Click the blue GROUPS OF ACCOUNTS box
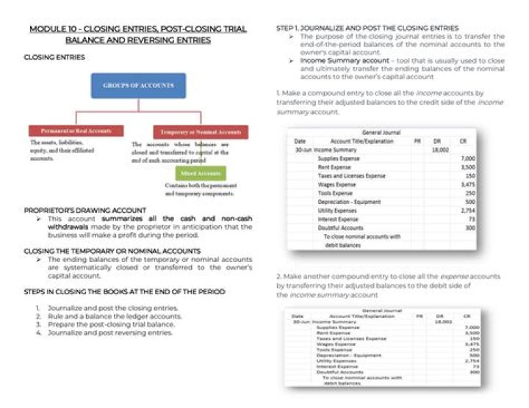tap(138, 86)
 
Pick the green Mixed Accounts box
tap(200, 174)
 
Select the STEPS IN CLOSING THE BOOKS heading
tap(125, 291)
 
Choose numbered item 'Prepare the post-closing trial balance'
tap(110, 324)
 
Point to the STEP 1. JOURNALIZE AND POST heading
tap(367, 28)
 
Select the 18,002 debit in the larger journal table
tap(439, 149)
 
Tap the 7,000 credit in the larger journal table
tap(467, 158)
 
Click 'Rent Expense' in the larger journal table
tap(334, 167)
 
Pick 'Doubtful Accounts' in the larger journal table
tap(338, 227)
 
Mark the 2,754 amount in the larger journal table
tap(467, 211)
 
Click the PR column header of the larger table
tap(417, 140)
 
